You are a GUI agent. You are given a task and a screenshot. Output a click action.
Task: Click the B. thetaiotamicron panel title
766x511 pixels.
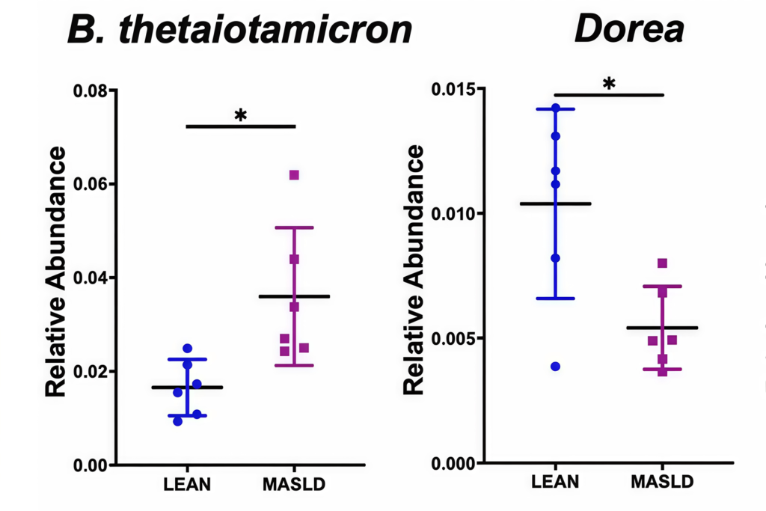click(x=239, y=30)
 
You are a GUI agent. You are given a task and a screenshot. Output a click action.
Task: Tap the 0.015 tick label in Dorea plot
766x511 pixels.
click(x=455, y=90)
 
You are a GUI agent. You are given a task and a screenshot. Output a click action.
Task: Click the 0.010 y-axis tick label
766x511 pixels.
click(x=455, y=214)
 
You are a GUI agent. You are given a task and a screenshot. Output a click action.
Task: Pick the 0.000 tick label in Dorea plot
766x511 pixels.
click(x=455, y=463)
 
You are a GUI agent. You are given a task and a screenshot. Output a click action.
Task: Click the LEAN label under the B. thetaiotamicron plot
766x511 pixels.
click(x=187, y=484)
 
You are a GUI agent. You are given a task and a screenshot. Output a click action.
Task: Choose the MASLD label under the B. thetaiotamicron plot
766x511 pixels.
click(x=294, y=484)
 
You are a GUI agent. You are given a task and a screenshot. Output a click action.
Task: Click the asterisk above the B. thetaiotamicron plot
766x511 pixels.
click(x=240, y=116)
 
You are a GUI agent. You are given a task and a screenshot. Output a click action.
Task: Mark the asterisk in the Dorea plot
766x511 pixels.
click(x=609, y=84)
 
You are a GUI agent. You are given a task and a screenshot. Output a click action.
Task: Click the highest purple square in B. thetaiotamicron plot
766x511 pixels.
click(x=294, y=175)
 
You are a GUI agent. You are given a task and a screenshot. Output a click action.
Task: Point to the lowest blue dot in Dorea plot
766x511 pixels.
click(x=556, y=367)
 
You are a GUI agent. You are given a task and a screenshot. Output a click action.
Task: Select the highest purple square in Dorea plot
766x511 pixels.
click(x=662, y=263)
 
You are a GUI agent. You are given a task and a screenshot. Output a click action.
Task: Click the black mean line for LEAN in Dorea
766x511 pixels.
click(x=556, y=204)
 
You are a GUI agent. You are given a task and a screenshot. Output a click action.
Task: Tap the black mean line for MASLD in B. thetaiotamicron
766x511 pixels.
click(x=294, y=297)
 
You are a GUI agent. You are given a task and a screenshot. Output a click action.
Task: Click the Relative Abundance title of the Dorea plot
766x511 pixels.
click(x=414, y=270)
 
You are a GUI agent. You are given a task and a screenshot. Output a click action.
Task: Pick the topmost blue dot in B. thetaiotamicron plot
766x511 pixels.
click(x=187, y=349)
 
